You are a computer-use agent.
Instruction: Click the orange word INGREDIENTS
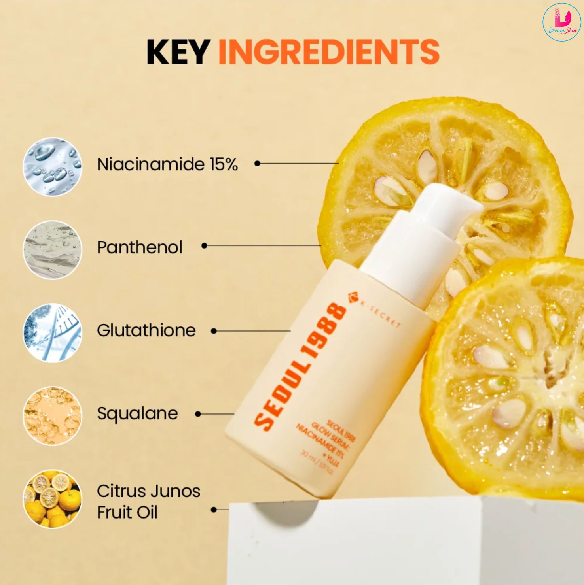(x=328, y=52)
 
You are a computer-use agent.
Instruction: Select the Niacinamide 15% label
(x=167, y=164)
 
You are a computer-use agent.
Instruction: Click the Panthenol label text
(x=139, y=247)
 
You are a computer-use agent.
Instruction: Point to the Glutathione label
(x=146, y=330)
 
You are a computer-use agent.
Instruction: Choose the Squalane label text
(x=137, y=413)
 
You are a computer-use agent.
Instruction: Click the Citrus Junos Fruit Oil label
(x=148, y=501)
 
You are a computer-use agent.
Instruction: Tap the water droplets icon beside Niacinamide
(x=52, y=167)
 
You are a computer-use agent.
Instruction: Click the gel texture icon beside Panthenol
(x=52, y=250)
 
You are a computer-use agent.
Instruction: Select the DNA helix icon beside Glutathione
(x=52, y=333)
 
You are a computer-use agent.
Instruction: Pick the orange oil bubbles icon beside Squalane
(x=52, y=416)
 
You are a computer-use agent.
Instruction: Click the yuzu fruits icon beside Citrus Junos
(x=52, y=499)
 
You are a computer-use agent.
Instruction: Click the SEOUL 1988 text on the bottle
(x=301, y=366)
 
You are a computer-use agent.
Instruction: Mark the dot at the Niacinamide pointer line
(x=257, y=163)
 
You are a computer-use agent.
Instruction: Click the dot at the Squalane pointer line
(x=198, y=414)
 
